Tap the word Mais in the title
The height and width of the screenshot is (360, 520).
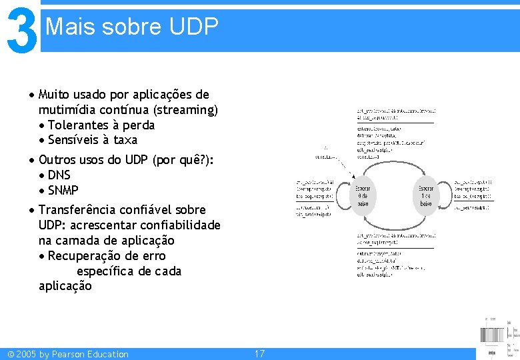(67, 27)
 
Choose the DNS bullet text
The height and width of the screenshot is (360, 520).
(59, 175)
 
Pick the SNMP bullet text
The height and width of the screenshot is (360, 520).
(63, 191)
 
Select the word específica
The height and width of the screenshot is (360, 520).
(105, 271)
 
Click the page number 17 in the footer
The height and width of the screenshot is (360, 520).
(259, 354)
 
